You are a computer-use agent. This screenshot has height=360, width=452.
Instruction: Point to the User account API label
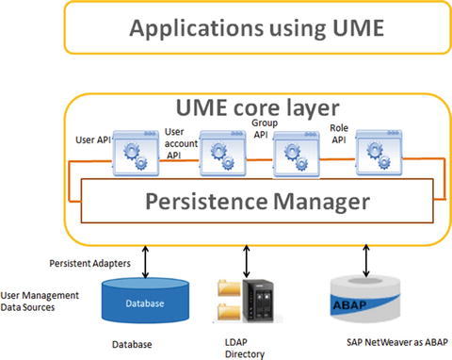[180, 144]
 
